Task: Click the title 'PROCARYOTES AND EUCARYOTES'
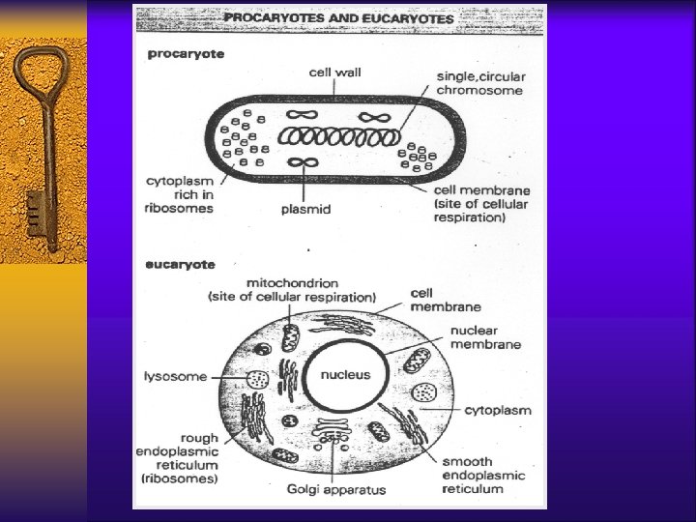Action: point(339,17)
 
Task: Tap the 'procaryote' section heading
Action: point(186,54)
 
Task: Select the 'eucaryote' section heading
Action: point(181,263)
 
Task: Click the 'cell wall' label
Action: point(334,72)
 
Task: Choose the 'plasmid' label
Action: point(305,209)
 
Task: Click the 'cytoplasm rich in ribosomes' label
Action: point(181,194)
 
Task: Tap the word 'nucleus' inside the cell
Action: point(346,374)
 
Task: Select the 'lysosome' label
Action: point(175,376)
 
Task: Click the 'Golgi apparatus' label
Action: point(334,489)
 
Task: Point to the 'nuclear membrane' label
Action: point(485,336)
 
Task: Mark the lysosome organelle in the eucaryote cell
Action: point(258,380)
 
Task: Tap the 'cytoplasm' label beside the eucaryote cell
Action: point(498,410)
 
